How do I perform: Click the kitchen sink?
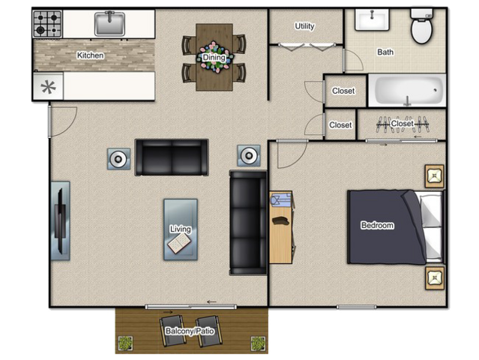[109, 23]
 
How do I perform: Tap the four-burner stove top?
[47, 24]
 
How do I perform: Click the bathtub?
[407, 91]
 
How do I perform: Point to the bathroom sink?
[372, 19]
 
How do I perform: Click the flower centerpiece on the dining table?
[215, 58]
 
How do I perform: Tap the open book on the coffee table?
[179, 243]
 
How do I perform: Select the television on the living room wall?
[61, 221]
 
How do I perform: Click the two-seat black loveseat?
[172, 157]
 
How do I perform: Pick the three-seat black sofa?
[248, 223]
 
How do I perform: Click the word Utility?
[304, 26]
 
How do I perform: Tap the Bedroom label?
[377, 226]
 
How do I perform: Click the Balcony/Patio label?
[190, 331]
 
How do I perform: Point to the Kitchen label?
[90, 55]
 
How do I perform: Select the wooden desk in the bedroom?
[281, 227]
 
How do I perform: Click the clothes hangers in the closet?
[403, 124]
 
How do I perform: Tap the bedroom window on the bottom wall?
[356, 307]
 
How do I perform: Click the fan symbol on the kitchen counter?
[48, 87]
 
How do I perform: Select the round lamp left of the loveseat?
[118, 159]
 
